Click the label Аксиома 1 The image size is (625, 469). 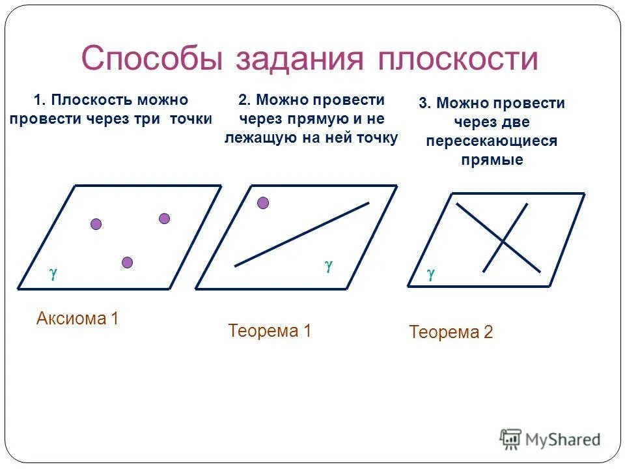pyautogui.click(x=77, y=319)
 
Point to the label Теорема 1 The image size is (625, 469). pyautogui.click(x=270, y=331)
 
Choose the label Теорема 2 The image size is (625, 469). pyautogui.click(x=451, y=333)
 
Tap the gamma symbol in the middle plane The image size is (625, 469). pyautogui.click(x=329, y=265)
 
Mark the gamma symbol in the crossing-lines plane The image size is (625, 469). pyautogui.click(x=430, y=274)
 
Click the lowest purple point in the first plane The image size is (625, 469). pyautogui.click(x=127, y=263)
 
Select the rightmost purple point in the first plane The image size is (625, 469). pyautogui.click(x=164, y=218)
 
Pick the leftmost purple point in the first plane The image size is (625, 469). pyautogui.click(x=96, y=224)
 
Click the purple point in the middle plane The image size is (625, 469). pyautogui.click(x=263, y=203)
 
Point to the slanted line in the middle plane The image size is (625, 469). pyautogui.click(x=301, y=234)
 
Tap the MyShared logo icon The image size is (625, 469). pyautogui.click(x=511, y=438)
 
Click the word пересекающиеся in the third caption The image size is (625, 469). pyautogui.click(x=492, y=141)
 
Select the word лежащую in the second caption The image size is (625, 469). pyautogui.click(x=257, y=138)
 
